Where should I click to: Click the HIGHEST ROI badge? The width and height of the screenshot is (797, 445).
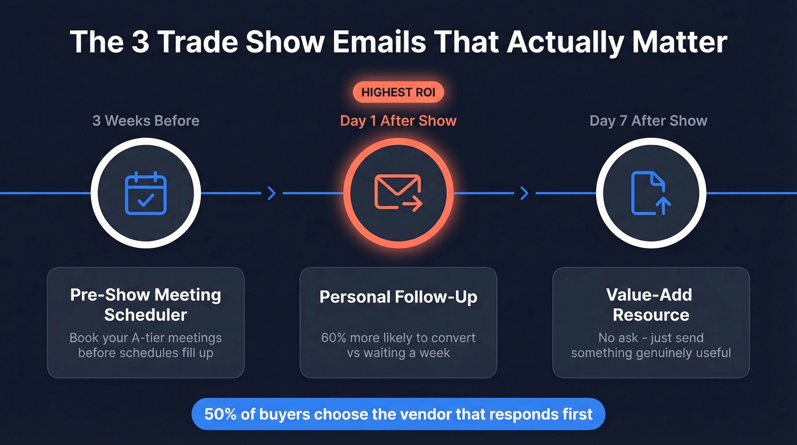[x=398, y=92]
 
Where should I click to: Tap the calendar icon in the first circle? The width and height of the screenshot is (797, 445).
[x=146, y=194]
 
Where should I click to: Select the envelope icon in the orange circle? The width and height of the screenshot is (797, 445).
[x=398, y=193]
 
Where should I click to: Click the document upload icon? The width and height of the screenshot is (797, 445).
[x=651, y=194]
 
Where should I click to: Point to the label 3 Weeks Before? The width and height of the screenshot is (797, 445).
[x=146, y=121]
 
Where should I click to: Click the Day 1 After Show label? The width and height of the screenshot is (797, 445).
[x=398, y=121]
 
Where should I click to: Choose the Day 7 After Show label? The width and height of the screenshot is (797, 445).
[x=648, y=121]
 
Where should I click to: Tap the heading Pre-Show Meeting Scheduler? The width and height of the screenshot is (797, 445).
[x=146, y=304]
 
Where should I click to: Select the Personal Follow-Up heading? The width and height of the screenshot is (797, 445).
[x=398, y=297]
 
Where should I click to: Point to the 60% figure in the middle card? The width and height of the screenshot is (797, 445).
[x=334, y=337]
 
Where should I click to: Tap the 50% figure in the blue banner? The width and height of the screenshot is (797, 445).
[x=218, y=414]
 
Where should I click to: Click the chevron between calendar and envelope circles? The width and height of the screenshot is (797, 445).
[x=272, y=194]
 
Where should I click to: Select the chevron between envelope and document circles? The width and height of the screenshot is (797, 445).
[x=524, y=194]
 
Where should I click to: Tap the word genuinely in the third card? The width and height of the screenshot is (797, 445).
[x=654, y=353]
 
